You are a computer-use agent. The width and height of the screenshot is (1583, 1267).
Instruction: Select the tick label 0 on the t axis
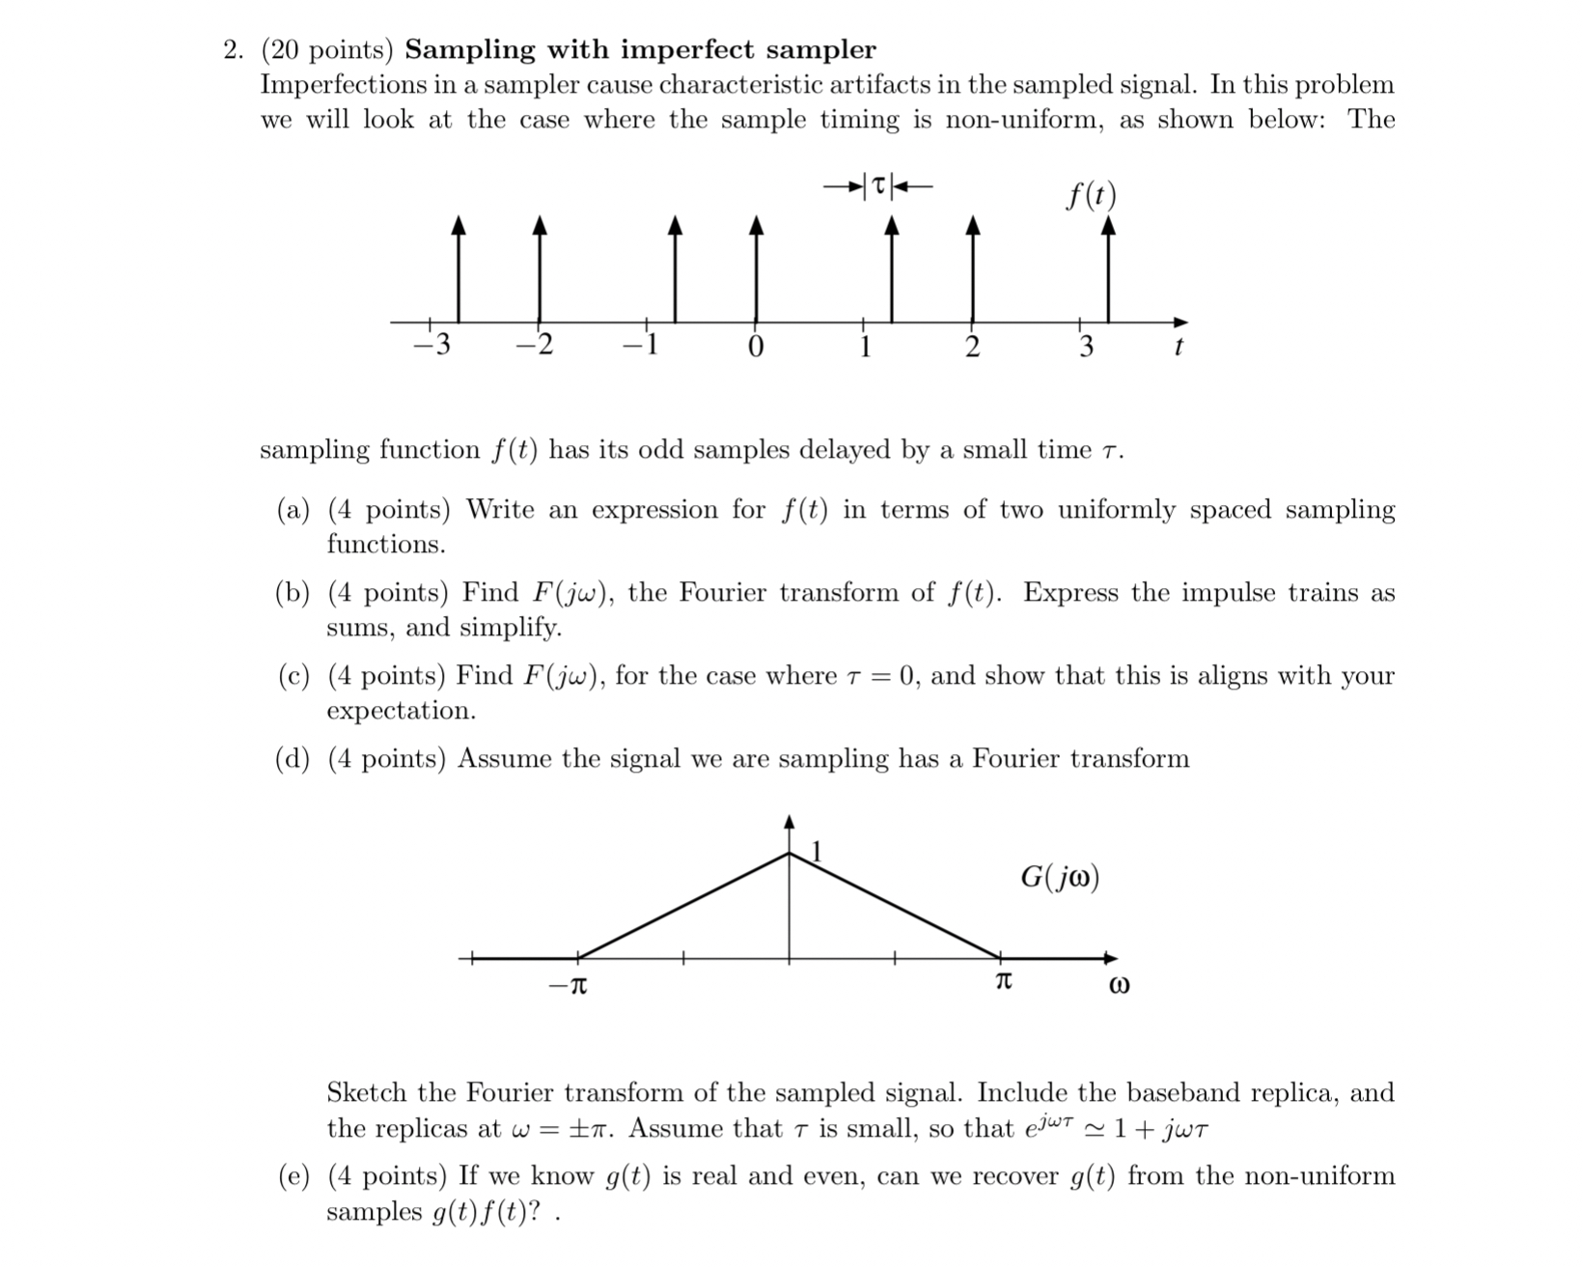pyautogui.click(x=756, y=346)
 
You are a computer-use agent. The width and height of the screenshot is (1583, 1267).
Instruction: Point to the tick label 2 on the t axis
pyautogui.click(x=972, y=346)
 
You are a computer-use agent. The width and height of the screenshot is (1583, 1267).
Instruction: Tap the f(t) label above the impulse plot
pyautogui.click(x=1091, y=195)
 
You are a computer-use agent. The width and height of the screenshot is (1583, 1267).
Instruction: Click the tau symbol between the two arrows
pyautogui.click(x=877, y=183)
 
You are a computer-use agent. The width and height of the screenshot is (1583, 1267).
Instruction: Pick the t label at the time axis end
pyautogui.click(x=1178, y=347)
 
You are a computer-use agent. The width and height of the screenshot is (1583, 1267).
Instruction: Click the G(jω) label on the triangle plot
pyautogui.click(x=1060, y=878)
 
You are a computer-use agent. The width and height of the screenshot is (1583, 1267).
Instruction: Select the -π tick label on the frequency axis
pyautogui.click(x=568, y=986)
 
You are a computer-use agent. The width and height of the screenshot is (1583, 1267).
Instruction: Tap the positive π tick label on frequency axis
pyautogui.click(x=1003, y=983)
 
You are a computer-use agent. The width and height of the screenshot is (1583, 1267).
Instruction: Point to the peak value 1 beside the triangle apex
pyautogui.click(x=818, y=852)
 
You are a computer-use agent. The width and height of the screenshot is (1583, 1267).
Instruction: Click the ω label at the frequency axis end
pyautogui.click(x=1119, y=987)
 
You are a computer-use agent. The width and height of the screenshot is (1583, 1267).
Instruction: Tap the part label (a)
pyautogui.click(x=292, y=510)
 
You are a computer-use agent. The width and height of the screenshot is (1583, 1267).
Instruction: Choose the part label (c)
pyautogui.click(x=292, y=676)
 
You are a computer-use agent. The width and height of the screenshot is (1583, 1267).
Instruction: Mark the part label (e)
pyautogui.click(x=292, y=1176)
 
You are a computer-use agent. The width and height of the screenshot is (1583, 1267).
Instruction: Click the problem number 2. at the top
pyautogui.click(x=233, y=50)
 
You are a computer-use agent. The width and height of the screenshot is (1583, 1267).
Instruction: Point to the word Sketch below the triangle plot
pyautogui.click(x=367, y=1093)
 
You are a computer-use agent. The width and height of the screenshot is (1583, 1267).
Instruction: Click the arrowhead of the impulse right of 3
pyautogui.click(x=1108, y=226)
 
